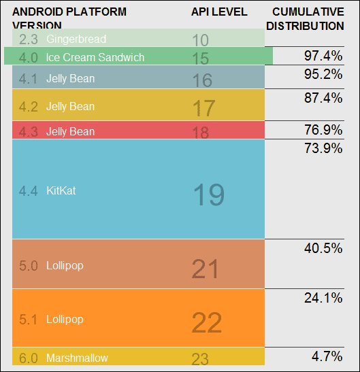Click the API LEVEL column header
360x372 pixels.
point(219,12)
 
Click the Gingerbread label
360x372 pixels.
point(76,39)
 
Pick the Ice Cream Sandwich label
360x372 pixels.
point(95,57)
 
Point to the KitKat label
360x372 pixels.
point(61,191)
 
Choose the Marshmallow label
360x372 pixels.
point(77,358)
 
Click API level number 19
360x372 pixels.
point(208,195)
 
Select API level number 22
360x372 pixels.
point(207,322)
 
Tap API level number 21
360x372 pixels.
point(206,269)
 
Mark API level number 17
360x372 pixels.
point(203,107)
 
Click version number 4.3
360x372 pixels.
point(29,131)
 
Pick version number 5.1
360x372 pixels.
point(29,319)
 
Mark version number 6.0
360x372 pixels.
point(29,358)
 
